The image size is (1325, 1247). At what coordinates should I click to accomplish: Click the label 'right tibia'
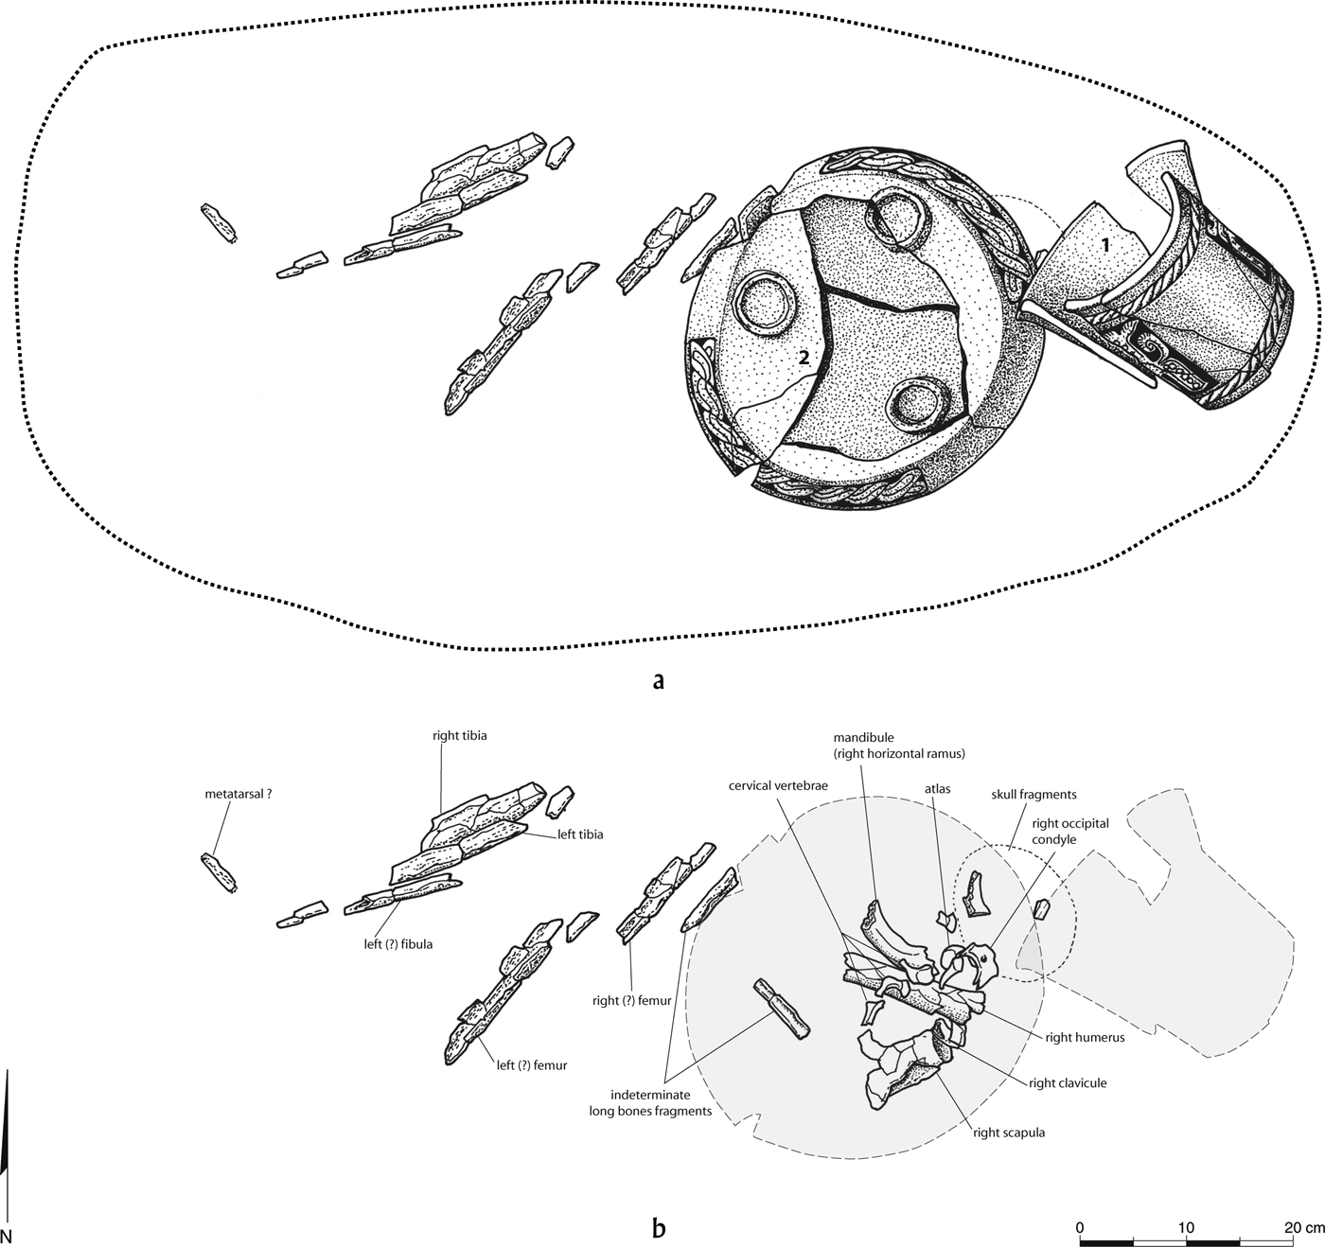pos(459,735)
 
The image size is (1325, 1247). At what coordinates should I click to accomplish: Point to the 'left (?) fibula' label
pos(396,944)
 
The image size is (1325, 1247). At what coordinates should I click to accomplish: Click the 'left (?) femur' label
pos(531,1065)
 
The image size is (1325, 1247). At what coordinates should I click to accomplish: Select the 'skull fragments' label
pos(1033,795)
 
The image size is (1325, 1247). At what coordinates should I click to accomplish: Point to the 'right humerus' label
pos(1085,1037)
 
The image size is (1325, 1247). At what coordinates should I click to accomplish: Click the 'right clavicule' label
pos(1068,1083)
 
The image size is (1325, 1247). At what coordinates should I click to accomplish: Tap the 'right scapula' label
pos(1009,1133)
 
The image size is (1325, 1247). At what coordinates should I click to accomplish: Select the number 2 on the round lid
pos(803,357)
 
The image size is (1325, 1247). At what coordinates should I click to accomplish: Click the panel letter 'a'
pos(659,679)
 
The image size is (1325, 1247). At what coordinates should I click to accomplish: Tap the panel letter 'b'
pos(659,1228)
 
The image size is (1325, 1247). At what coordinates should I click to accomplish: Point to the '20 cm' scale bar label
pos(1302,1227)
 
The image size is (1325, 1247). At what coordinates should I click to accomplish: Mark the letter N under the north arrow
pos(8,1236)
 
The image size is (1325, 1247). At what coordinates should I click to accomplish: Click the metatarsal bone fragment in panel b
pos(219,873)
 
